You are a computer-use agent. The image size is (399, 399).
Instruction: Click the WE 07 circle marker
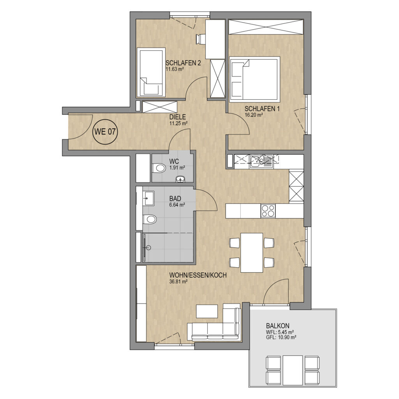point(105,132)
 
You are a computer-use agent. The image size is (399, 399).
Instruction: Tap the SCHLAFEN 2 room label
point(183,63)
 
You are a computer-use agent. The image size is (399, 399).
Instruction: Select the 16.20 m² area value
point(254,115)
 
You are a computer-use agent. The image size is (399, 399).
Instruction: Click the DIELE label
point(178,117)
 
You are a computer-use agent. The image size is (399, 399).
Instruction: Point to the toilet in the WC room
point(158,168)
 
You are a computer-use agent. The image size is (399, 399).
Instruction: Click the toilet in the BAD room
point(149,219)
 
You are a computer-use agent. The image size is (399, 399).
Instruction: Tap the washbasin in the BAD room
point(148,198)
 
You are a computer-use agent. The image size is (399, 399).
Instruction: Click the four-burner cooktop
point(268,211)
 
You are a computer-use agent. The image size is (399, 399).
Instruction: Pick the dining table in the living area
point(252,252)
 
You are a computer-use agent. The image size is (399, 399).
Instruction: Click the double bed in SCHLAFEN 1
point(254,78)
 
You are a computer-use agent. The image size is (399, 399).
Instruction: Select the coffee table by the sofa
point(207,311)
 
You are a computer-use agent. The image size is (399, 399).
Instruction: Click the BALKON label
point(277,326)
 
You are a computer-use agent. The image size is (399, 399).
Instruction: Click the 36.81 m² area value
point(178,281)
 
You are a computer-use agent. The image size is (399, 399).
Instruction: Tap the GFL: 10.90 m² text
point(281,337)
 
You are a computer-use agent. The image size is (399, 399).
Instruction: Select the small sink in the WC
point(181,179)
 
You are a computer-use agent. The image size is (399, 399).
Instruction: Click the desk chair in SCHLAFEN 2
point(201,39)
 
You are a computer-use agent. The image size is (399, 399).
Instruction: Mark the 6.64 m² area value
point(177,204)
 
